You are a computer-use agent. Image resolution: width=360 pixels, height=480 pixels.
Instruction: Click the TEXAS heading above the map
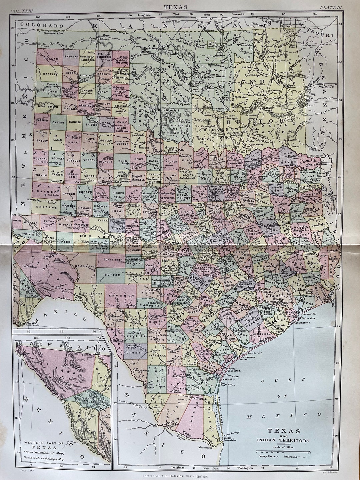click(x=180, y=6)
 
